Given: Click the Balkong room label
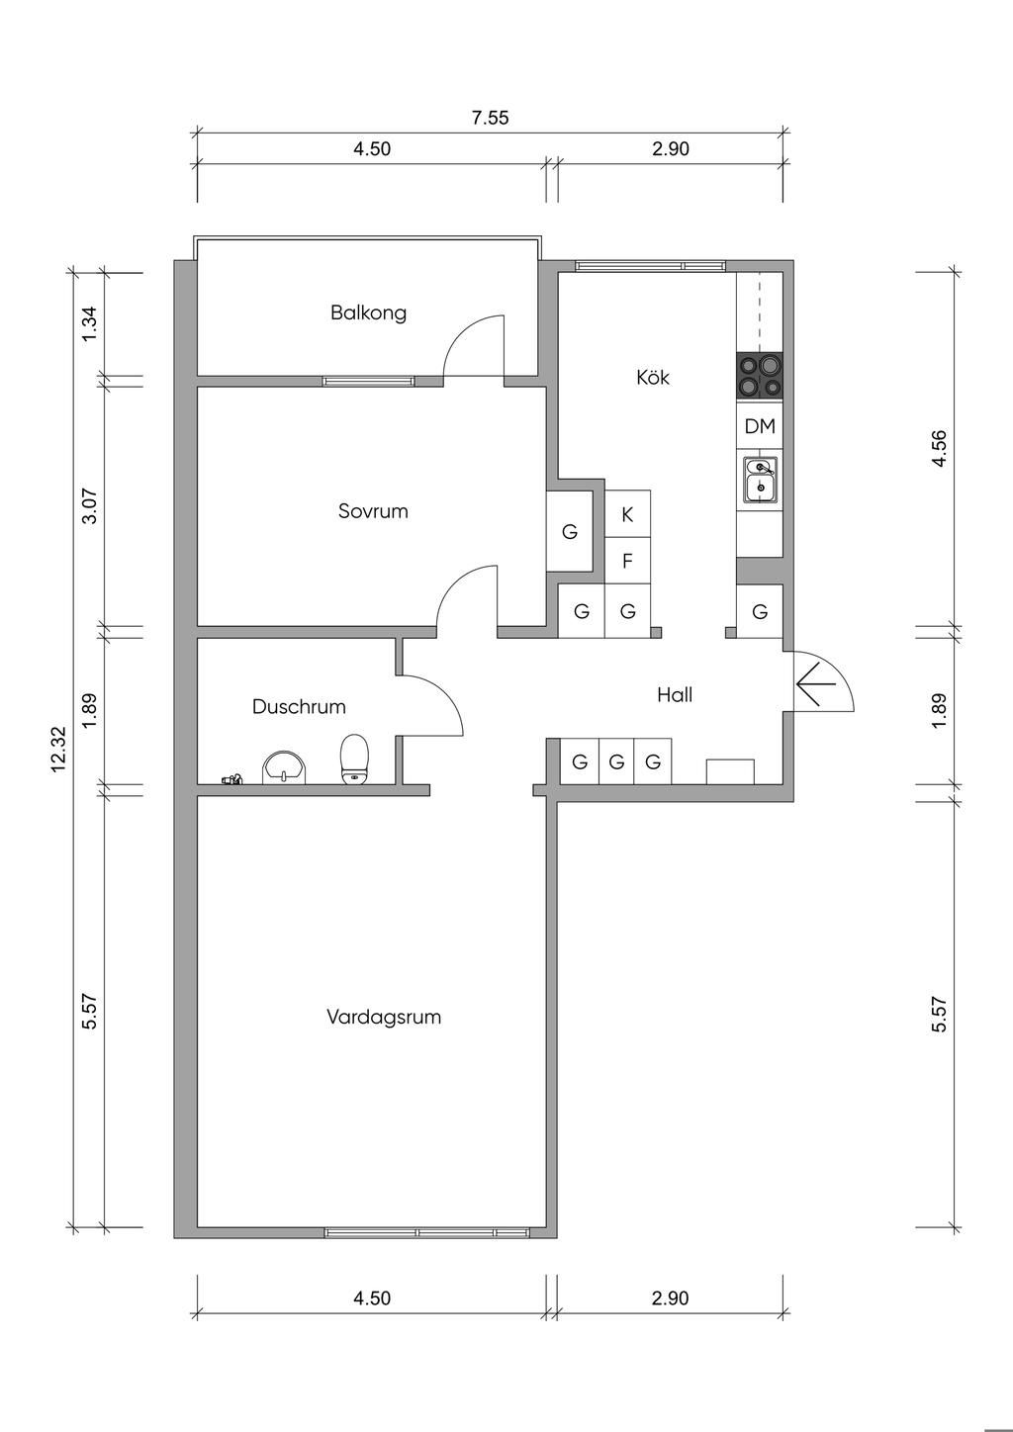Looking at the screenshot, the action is coord(368,313).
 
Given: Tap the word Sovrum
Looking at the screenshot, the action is coord(373,510).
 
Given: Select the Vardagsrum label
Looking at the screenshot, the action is coord(384,1017).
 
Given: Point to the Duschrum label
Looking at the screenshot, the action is coord(299,706).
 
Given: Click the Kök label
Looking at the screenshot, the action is coord(653,377).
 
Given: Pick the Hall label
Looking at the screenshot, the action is coord(675,695).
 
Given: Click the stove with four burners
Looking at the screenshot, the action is coord(760,376).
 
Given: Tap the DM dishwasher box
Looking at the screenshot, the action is coord(760,426).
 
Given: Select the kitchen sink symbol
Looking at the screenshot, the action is coord(761,480).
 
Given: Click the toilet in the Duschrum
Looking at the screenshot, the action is coord(353,759).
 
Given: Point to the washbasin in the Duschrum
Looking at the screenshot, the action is coord(284,767).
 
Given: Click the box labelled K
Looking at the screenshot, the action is coord(627,514).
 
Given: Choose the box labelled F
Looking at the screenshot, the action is coord(627,561).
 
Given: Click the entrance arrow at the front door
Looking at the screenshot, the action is coord(816,684).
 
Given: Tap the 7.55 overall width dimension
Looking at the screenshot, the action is coord(490,119).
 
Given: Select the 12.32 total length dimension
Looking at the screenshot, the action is coord(58,750).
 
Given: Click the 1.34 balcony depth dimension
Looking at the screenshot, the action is coord(90,324).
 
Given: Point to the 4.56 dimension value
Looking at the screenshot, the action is coord(939,449).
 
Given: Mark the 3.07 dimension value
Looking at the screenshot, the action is coord(90,506).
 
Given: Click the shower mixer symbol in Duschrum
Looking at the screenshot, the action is coord(230,778).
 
